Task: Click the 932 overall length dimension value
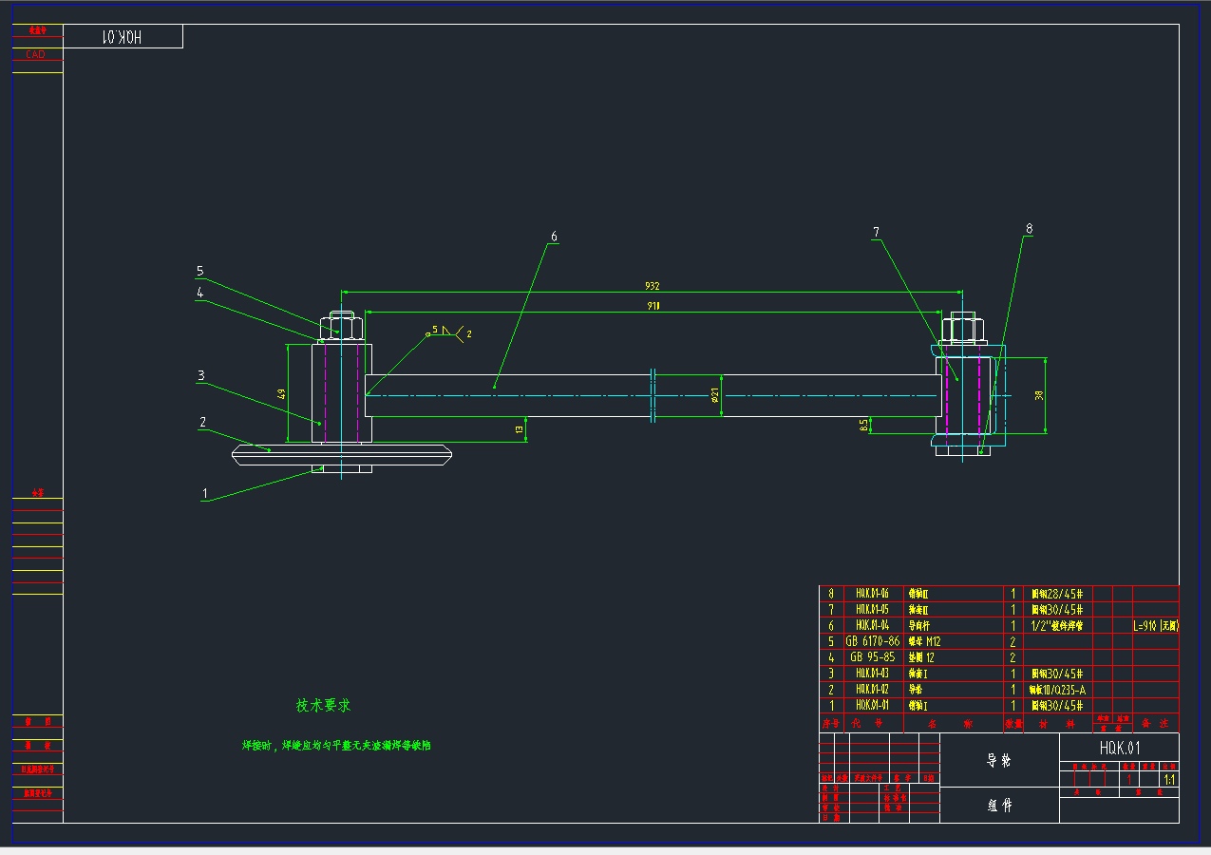coord(653,286)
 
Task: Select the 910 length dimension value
coord(654,306)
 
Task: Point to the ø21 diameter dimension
coord(714,394)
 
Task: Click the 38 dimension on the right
coord(1039,395)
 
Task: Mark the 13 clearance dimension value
coord(520,429)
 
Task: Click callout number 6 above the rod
coord(554,237)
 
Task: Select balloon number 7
coord(876,232)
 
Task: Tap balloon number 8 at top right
coord(1029,229)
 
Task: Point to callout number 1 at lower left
coord(204,493)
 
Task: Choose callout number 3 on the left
coord(200,376)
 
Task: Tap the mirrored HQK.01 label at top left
coord(123,37)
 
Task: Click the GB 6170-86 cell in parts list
coord(872,641)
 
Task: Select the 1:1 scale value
coord(1168,779)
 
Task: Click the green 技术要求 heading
coord(324,706)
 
